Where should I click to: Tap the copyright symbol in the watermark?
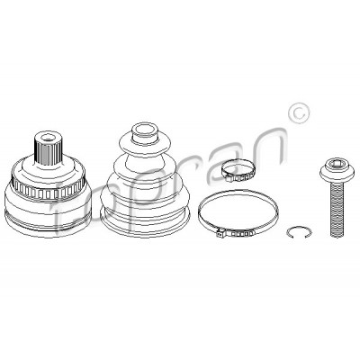click(299, 113)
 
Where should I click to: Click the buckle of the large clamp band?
click(235, 232)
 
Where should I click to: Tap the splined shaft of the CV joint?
click(48, 148)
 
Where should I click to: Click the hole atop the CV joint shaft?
click(48, 138)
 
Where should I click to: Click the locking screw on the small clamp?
click(229, 179)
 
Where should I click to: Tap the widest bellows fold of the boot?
click(145, 195)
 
